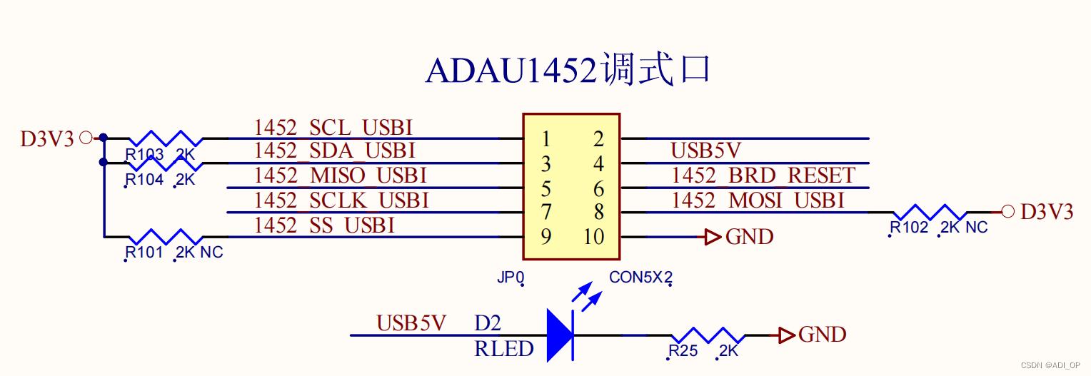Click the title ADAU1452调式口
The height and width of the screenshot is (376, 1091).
pyautogui.click(x=568, y=71)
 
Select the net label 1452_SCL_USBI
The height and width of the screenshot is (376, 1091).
pyautogui.click(x=333, y=128)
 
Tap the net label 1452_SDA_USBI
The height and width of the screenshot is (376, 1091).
pyautogui.click(x=334, y=151)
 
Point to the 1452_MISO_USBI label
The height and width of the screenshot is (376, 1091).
pyautogui.click(x=340, y=176)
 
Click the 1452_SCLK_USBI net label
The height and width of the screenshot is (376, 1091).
pyautogui.click(x=341, y=200)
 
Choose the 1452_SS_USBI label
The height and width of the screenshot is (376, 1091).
pyautogui.click(x=324, y=225)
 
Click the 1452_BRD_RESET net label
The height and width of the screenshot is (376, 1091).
pyautogui.click(x=763, y=176)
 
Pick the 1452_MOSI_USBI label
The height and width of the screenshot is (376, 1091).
pyautogui.click(x=758, y=200)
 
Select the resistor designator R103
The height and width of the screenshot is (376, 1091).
pyautogui.click(x=144, y=156)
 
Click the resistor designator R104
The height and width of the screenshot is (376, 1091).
pyautogui.click(x=144, y=180)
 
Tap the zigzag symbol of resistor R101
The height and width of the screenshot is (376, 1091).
pyautogui.click(x=165, y=236)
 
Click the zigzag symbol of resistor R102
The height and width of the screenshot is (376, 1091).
pyautogui.click(x=930, y=211)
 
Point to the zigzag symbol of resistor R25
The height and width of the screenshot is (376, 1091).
pyautogui.click(x=708, y=335)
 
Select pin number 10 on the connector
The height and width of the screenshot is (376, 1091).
pyautogui.click(x=593, y=237)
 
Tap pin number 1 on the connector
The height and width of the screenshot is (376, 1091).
pyautogui.click(x=545, y=138)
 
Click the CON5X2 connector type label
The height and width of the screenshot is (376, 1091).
pyautogui.click(x=640, y=278)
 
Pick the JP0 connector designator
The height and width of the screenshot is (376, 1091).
pyautogui.click(x=511, y=278)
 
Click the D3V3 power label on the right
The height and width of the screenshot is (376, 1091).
pyautogui.click(x=1047, y=212)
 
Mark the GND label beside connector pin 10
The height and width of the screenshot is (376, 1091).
pyautogui.click(x=749, y=237)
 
